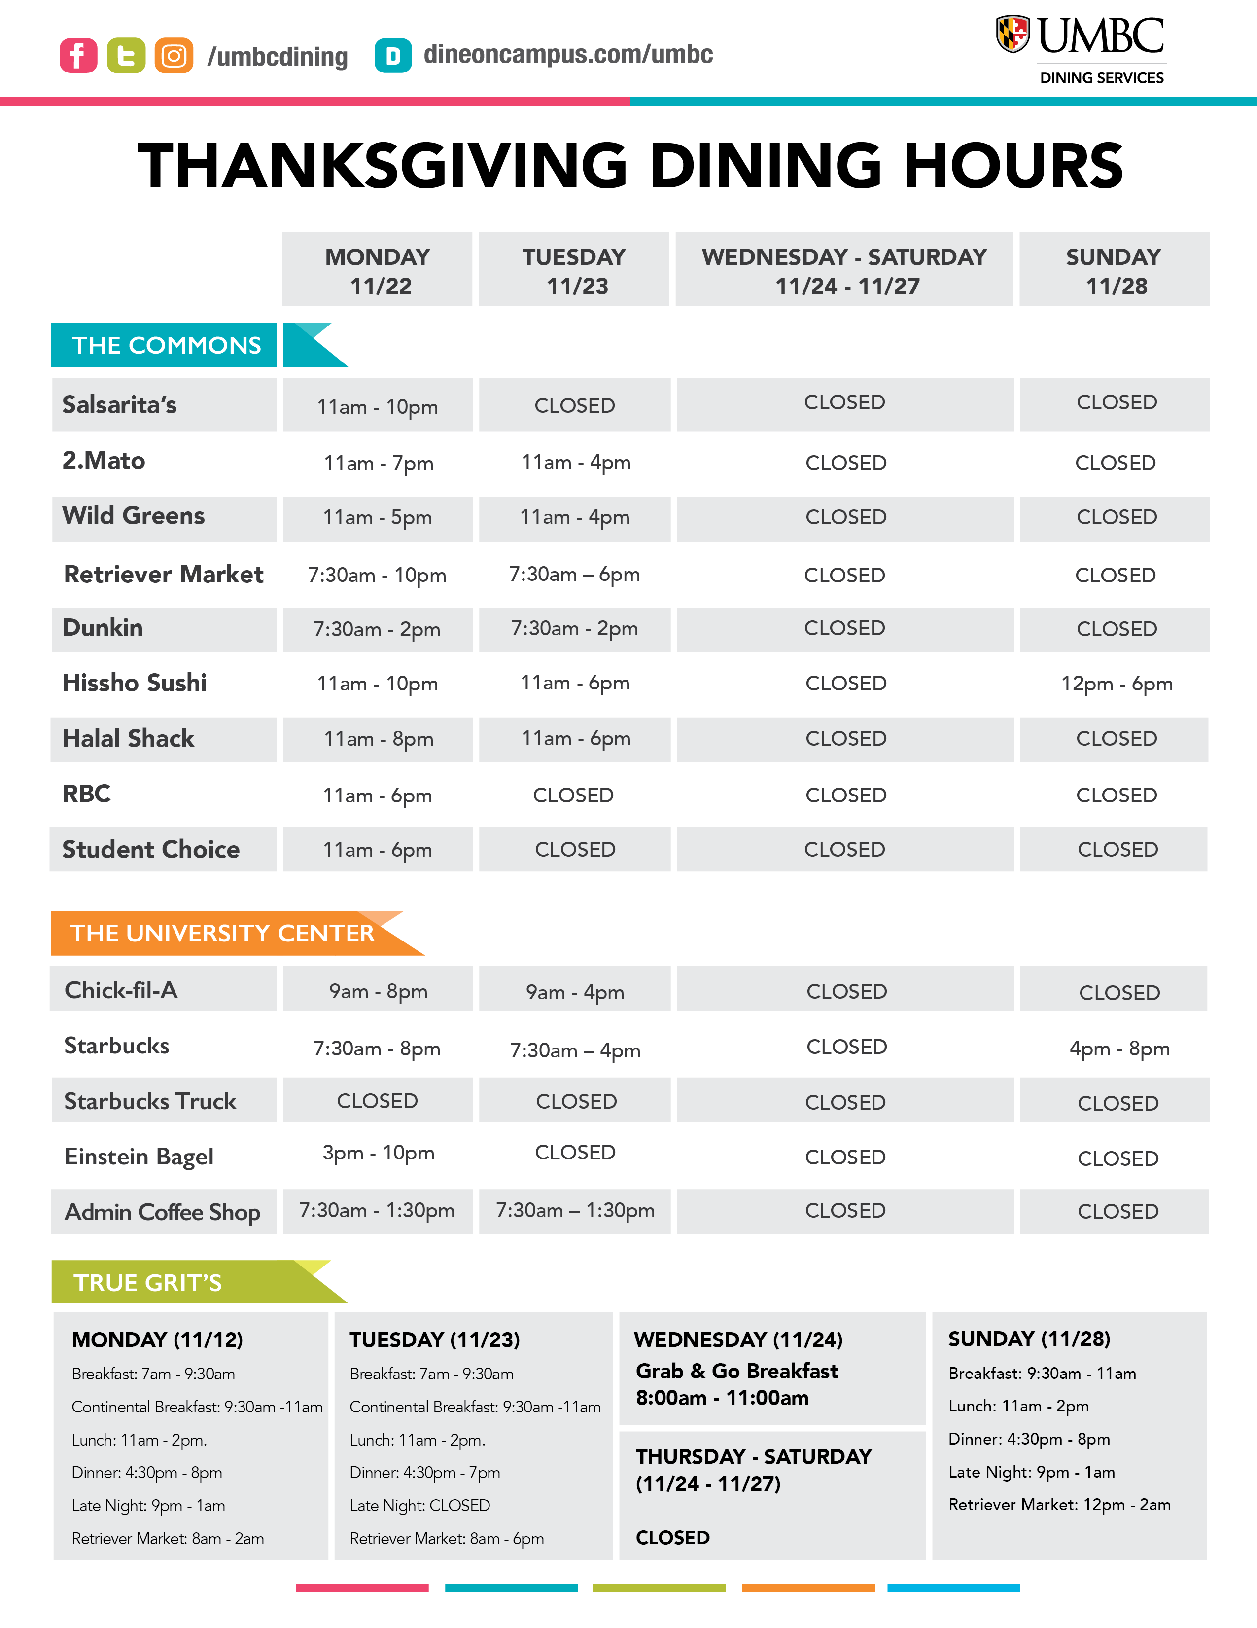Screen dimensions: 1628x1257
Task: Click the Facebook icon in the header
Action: click(x=78, y=55)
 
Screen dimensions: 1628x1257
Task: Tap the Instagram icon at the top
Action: click(x=174, y=55)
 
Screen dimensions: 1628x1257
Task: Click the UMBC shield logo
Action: click(x=1013, y=35)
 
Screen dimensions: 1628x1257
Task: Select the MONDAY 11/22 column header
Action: click(x=378, y=270)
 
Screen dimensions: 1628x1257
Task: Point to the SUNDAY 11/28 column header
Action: click(x=1114, y=270)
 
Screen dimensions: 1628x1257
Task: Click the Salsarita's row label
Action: click(x=119, y=405)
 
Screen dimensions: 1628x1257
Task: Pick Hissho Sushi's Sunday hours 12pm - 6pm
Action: click(x=1116, y=684)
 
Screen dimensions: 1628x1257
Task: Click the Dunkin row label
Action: click(x=103, y=628)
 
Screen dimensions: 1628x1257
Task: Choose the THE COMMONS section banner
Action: click(x=166, y=345)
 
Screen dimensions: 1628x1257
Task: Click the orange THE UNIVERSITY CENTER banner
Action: click(x=222, y=933)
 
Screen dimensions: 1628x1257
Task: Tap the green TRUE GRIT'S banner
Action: click(x=147, y=1283)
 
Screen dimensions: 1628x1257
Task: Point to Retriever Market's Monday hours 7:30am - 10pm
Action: click(x=377, y=576)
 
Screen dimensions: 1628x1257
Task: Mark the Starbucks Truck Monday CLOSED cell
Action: click(x=377, y=1101)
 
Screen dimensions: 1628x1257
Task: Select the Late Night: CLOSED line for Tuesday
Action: click(x=419, y=1506)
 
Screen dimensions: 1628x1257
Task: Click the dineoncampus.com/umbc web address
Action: click(x=568, y=54)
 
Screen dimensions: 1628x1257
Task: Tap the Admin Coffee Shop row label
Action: click(x=163, y=1212)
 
